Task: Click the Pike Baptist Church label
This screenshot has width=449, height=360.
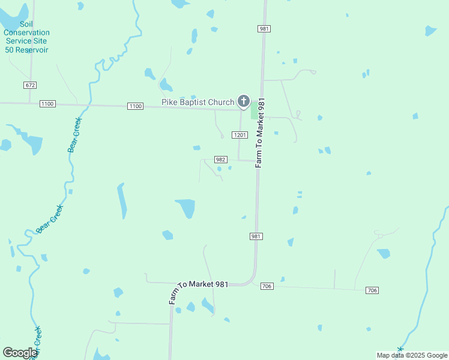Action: (x=197, y=102)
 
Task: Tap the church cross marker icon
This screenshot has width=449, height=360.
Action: (x=243, y=101)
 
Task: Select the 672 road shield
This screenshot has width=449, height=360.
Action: (x=31, y=85)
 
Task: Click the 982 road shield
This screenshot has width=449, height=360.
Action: (x=220, y=160)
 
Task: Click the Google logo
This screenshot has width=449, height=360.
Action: (x=20, y=353)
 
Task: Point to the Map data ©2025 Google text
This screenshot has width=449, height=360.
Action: (x=412, y=355)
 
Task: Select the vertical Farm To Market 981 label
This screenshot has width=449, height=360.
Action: (x=260, y=132)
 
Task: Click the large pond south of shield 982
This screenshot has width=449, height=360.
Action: (x=185, y=208)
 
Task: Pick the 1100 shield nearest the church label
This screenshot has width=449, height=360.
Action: (x=136, y=106)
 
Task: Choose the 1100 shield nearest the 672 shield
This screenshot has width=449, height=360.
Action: (x=47, y=104)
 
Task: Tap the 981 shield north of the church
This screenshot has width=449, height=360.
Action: (x=264, y=29)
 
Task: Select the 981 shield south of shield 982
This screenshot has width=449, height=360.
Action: (x=256, y=236)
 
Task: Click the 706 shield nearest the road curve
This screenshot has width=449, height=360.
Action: (x=267, y=287)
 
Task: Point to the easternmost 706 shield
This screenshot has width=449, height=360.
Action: (x=372, y=290)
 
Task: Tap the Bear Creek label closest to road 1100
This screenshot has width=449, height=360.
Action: (x=74, y=135)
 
